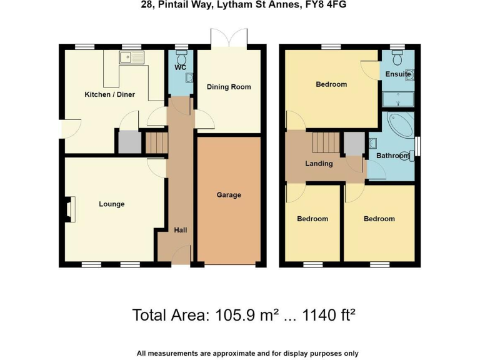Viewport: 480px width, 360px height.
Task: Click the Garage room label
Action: pyautogui.click(x=229, y=195)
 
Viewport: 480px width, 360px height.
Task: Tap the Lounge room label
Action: pyautogui.click(x=111, y=204)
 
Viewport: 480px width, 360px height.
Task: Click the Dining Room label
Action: pyautogui.click(x=229, y=87)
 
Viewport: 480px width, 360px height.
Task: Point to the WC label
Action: pyautogui.click(x=181, y=67)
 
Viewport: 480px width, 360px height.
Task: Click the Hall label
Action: pyautogui.click(x=180, y=230)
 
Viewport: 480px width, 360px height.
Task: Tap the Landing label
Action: pyautogui.click(x=319, y=164)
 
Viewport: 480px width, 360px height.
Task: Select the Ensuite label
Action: pyautogui.click(x=398, y=74)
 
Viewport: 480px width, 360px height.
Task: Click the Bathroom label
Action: pyautogui.click(x=392, y=156)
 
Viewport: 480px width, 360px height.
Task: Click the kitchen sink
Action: pyautogui.click(x=132, y=58)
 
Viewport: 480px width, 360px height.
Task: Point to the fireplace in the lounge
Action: pyautogui.click(x=69, y=209)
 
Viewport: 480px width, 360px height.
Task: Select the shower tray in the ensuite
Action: pyautogui.click(x=397, y=99)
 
